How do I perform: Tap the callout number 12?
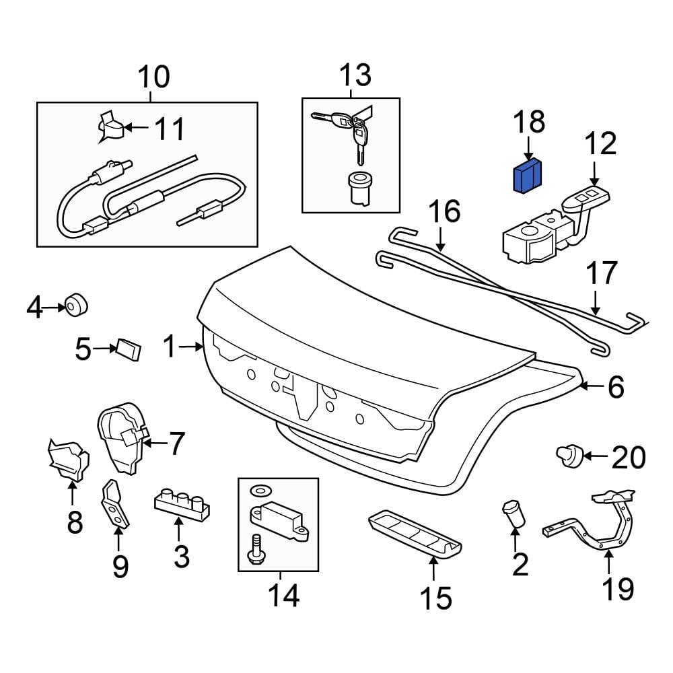point(599,144)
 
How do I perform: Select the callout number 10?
point(154,78)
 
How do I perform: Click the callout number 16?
point(445,211)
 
